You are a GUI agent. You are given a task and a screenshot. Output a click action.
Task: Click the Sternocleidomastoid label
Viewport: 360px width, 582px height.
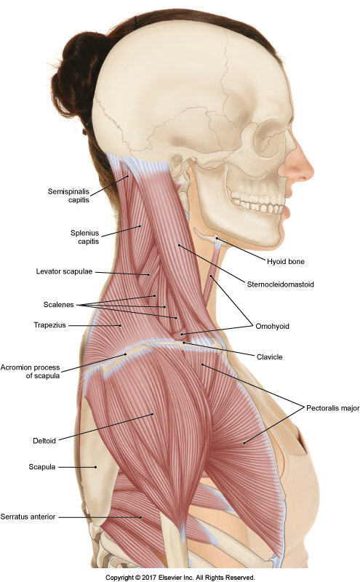click(x=280, y=284)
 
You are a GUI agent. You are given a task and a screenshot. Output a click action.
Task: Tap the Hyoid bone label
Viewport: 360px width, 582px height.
click(x=285, y=262)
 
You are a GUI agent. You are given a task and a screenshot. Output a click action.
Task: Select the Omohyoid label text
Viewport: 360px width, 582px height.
click(x=272, y=326)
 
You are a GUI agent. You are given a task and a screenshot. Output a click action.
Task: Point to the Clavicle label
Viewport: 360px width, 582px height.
click(x=269, y=357)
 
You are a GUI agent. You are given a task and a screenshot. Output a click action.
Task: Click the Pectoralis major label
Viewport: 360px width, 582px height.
click(x=332, y=408)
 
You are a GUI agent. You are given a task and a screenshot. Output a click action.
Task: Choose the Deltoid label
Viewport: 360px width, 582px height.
click(x=44, y=441)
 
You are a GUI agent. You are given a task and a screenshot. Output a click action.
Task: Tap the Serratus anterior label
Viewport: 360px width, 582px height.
click(x=28, y=517)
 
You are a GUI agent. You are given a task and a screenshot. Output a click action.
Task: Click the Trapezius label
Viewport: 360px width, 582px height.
click(x=49, y=325)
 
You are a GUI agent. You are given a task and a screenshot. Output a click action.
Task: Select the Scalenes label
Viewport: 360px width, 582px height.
click(x=59, y=305)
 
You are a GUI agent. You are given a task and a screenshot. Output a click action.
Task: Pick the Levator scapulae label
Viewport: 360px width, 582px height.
click(x=64, y=271)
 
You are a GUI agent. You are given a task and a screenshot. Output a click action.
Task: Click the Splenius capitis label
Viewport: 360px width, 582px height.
click(x=85, y=237)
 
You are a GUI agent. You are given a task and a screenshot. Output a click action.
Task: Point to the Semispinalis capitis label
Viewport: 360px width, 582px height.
click(x=68, y=196)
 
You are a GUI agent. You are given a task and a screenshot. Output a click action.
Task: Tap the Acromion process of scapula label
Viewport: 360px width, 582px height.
click(x=30, y=371)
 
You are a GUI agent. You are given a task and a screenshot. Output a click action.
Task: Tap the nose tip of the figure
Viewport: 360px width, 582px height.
click(x=311, y=172)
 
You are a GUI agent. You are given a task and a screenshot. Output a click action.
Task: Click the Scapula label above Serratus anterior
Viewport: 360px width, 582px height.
click(x=42, y=467)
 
